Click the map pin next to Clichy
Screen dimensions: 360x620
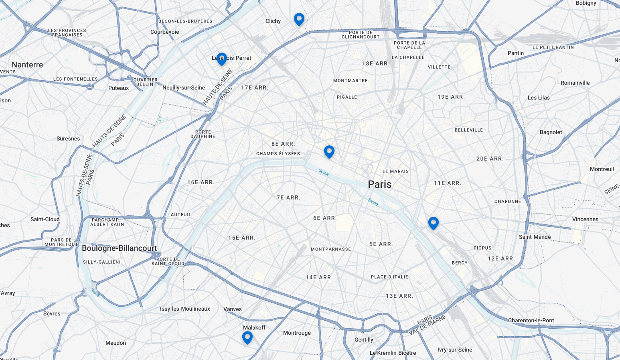299,19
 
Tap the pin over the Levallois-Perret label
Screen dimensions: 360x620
221,59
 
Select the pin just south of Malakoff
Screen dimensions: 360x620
247,337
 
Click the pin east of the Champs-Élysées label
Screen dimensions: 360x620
329,151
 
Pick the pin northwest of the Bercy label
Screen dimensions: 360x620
433,223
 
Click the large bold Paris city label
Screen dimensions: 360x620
379,184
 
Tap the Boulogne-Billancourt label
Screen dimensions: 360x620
119,248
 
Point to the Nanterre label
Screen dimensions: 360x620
27,65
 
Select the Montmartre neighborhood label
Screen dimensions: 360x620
350,81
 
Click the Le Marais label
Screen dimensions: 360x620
395,171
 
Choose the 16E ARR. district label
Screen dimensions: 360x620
201,182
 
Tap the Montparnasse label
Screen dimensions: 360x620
330,249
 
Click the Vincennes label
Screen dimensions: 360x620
585,219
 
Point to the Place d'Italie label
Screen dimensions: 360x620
389,277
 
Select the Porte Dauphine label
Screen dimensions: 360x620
203,134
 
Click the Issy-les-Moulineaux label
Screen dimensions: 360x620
185,309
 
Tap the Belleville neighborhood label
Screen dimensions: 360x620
468,130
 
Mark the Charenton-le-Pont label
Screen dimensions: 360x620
531,320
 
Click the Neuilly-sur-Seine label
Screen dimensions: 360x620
183,87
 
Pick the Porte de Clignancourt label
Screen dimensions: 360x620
360,35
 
